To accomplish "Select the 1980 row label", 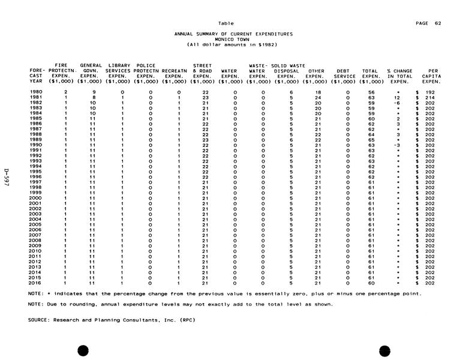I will point(36,92).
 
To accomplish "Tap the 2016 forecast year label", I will point(36,283).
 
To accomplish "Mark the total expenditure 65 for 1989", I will point(371,140).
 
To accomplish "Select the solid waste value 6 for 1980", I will point(290,92).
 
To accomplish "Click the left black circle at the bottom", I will point(83,350).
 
